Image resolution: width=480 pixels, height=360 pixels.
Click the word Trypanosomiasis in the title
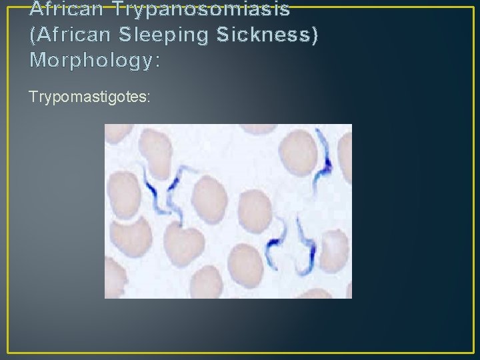pyautogui.click(x=201, y=9)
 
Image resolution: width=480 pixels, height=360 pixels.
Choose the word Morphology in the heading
pyautogui.click(x=90, y=61)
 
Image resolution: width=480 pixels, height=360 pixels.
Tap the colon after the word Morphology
pyautogui.click(x=157, y=62)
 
